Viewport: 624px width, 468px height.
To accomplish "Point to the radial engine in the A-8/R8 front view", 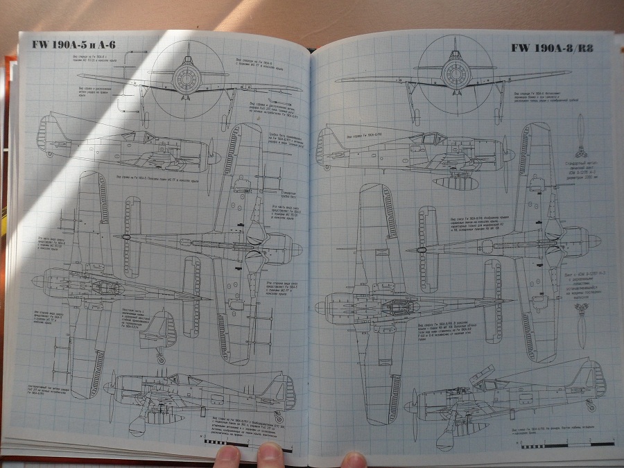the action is point(456,70).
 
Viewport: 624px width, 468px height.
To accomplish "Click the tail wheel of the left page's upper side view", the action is point(44,151).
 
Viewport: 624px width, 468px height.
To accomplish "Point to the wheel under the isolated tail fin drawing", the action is point(161,358).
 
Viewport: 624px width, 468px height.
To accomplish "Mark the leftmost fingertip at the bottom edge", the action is point(226,456).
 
